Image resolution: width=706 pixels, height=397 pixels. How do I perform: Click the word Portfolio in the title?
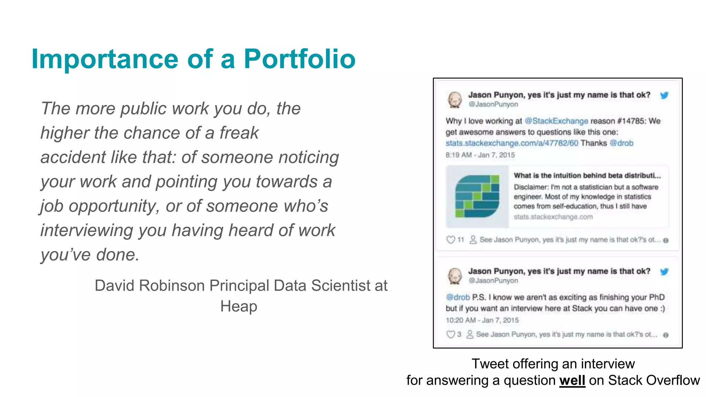[x=300, y=59]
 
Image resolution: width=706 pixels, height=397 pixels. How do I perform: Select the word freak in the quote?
[x=239, y=133]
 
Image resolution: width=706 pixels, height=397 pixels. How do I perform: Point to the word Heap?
[x=239, y=306]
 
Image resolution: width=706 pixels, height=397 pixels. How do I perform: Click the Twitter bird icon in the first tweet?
[x=664, y=95]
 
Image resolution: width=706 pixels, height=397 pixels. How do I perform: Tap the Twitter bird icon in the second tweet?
[x=664, y=272]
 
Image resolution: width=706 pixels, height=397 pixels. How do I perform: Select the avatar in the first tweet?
[x=455, y=100]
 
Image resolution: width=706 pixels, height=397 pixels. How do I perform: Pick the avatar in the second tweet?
[x=455, y=276]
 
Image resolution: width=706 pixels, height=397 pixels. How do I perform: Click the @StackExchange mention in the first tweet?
[x=556, y=121]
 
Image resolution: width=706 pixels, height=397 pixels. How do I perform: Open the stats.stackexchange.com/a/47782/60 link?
[x=512, y=143]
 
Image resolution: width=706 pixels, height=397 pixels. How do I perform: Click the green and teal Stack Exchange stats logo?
[x=477, y=196]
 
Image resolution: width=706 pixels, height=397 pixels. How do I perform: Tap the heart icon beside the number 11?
[x=451, y=240]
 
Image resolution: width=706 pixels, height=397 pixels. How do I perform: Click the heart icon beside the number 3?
[x=451, y=334]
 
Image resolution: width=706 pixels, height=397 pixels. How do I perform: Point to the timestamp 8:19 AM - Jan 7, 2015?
[x=480, y=155]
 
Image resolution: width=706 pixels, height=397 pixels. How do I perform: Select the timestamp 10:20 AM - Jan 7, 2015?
[x=482, y=320]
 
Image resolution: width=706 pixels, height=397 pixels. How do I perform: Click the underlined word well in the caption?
[x=572, y=380]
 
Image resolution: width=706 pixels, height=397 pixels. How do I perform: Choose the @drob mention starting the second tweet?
[x=458, y=297]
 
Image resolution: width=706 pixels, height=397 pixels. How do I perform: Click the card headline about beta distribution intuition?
[x=587, y=176]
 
